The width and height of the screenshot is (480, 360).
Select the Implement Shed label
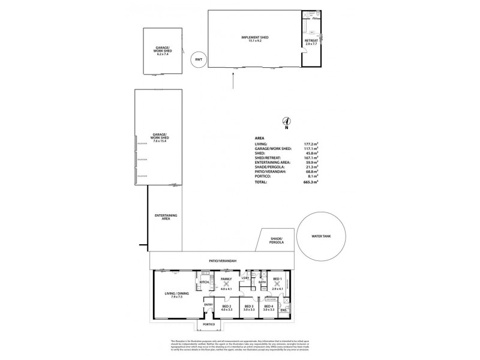(x=254, y=38)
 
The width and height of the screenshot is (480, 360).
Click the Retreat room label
(x=310, y=41)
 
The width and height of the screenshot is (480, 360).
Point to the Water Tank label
(x=322, y=236)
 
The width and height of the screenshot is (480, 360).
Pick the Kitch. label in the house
(x=203, y=282)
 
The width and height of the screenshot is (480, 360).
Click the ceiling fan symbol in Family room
(x=226, y=285)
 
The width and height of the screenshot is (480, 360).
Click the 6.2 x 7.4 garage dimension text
(x=163, y=53)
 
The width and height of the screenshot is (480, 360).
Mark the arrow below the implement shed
(x=233, y=78)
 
